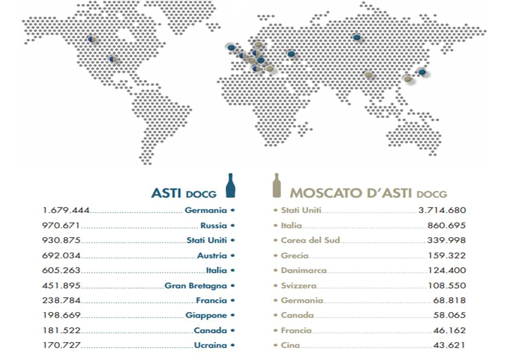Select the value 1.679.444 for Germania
point(66,210)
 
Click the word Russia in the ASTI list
point(213,225)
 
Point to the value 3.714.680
point(442,210)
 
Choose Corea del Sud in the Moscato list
point(310,240)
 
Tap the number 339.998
point(446,240)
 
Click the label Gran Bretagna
point(196,285)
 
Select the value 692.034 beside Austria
point(61,255)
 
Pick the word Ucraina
point(211,345)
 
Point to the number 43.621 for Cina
point(449,345)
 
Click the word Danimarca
point(303,270)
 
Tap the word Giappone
point(206,315)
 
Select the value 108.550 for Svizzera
point(447,285)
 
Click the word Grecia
point(295,255)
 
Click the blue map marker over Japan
point(422,72)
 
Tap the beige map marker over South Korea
point(408,79)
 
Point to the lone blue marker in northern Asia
point(357,37)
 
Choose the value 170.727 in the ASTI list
point(61,345)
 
